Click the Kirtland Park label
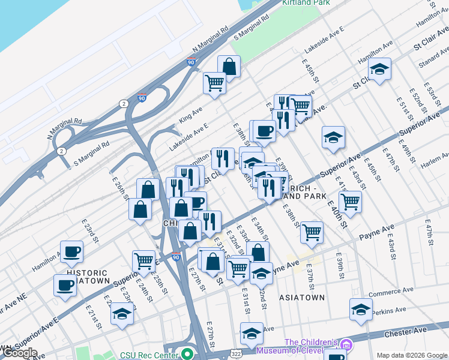306,3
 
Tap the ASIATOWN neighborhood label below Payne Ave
302,297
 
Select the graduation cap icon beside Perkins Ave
361,310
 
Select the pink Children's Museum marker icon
346,345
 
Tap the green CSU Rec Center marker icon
187,354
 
